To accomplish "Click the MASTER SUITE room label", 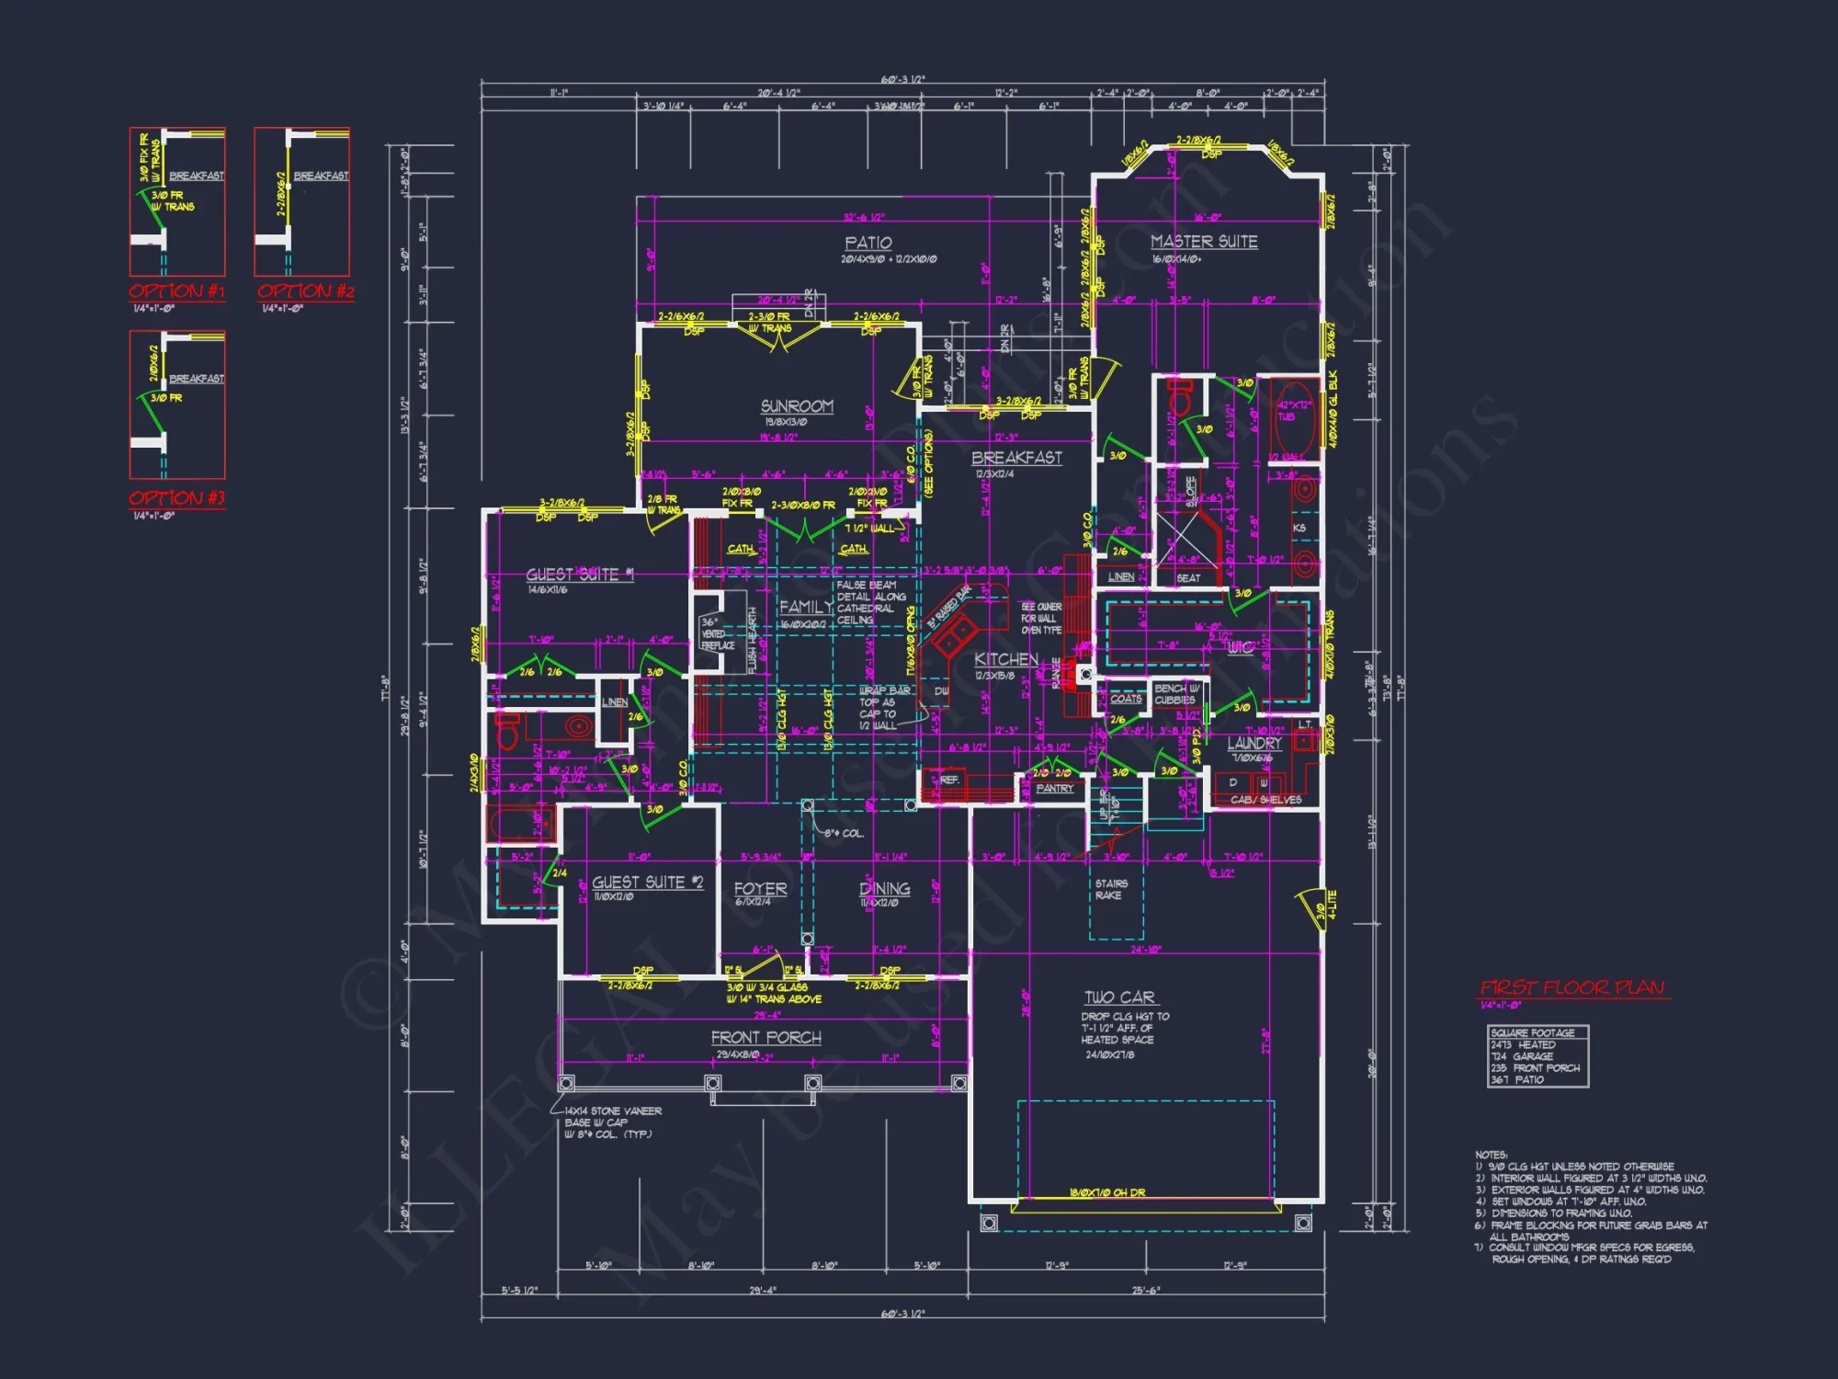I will (x=1204, y=242).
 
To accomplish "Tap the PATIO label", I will (x=868, y=243).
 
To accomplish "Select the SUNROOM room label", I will (x=797, y=406).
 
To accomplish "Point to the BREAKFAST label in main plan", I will (x=1016, y=458).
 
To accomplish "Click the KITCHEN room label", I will (x=1006, y=659).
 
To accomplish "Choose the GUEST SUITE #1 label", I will (x=580, y=575).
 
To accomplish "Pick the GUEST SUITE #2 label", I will (x=647, y=883).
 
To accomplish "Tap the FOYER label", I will (x=760, y=889).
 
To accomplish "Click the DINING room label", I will (x=884, y=889).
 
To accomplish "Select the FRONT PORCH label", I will (x=766, y=1038).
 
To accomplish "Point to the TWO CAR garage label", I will (x=1119, y=997).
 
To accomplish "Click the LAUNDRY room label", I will (x=1254, y=744).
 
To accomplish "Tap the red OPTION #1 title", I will (x=176, y=291).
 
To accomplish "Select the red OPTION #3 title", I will (x=176, y=498).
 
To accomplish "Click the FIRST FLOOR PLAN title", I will (x=1572, y=988).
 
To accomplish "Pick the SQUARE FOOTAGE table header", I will (x=1532, y=1032).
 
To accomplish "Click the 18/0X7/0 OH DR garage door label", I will (x=1106, y=1193).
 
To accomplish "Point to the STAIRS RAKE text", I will (x=1110, y=889).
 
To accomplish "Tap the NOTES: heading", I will (x=1491, y=1155).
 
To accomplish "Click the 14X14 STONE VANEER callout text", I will (x=613, y=1111).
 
